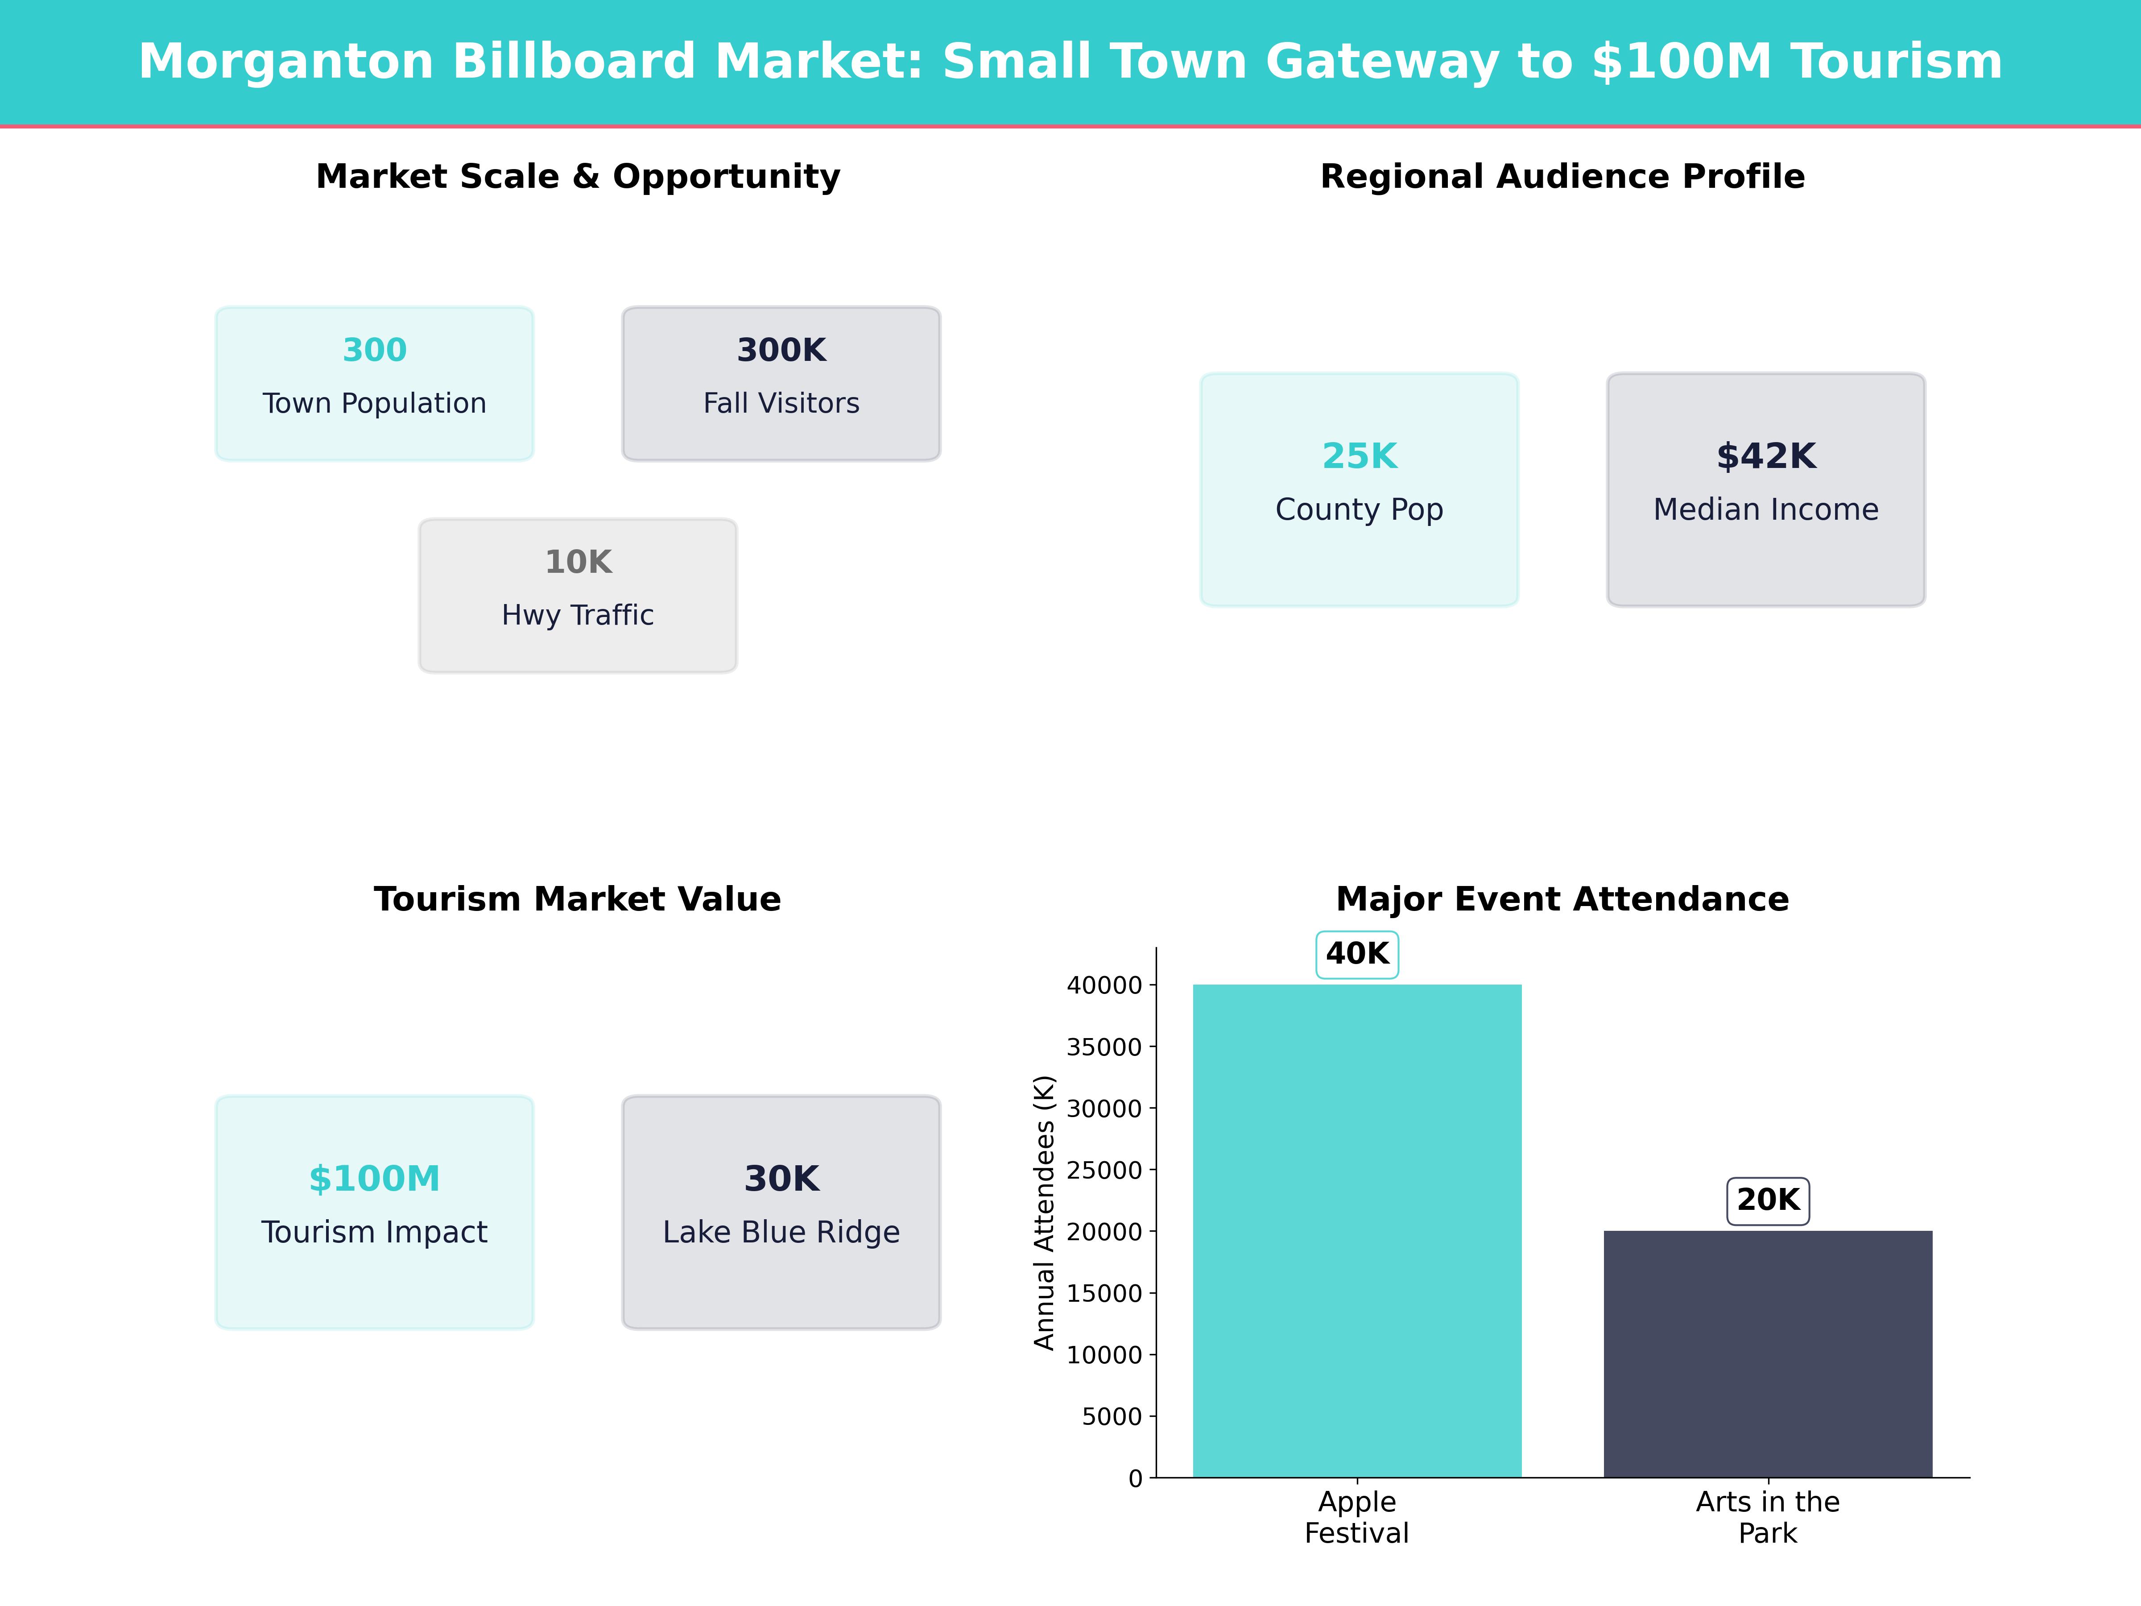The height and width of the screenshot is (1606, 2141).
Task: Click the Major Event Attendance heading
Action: [1562, 899]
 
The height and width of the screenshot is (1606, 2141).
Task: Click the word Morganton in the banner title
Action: [285, 62]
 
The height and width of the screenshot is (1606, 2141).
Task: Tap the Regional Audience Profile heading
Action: [1562, 177]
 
